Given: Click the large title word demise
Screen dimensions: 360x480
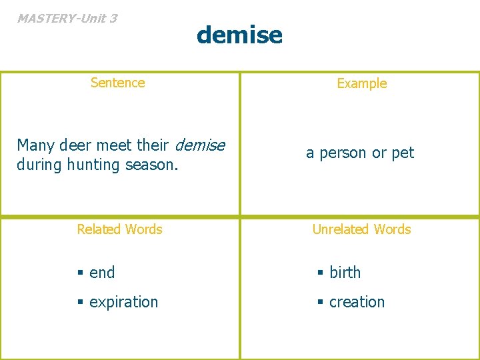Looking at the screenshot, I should [x=239, y=34].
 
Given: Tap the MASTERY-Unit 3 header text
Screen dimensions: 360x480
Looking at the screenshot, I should [x=67, y=18].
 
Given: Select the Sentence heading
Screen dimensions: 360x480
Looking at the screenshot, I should [x=117, y=83].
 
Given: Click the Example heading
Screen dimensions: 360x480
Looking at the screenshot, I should [x=361, y=83].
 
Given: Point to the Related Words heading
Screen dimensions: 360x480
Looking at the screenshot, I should [x=119, y=229].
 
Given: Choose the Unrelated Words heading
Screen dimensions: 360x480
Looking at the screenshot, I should [x=361, y=229].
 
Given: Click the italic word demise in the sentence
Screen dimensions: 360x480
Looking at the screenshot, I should [x=201, y=145].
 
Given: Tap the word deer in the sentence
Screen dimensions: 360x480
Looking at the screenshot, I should [x=75, y=145].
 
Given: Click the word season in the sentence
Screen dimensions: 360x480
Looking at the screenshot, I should [x=153, y=164].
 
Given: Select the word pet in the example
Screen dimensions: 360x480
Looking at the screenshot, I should [x=403, y=153].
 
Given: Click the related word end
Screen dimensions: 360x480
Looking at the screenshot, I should [x=102, y=273].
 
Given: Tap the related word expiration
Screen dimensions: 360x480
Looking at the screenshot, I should [x=123, y=302].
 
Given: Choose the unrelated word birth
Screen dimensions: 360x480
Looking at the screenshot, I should [x=345, y=273].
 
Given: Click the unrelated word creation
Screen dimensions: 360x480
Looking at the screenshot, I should [x=357, y=302].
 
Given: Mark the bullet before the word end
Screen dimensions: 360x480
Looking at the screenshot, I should [x=79, y=273].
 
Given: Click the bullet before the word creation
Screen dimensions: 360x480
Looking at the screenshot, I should [x=319, y=303].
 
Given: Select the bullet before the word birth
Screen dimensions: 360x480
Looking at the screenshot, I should [x=319, y=273].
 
